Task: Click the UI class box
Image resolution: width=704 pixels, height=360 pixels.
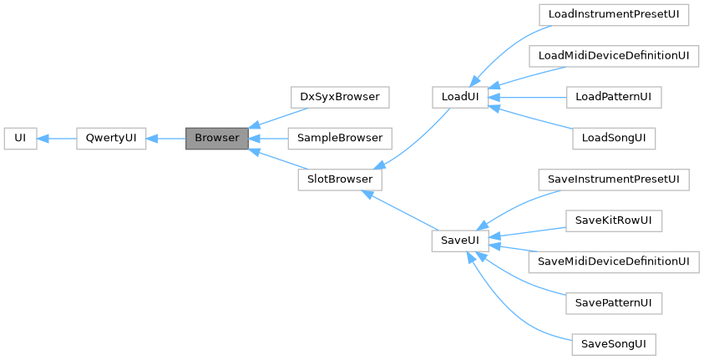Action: (21, 138)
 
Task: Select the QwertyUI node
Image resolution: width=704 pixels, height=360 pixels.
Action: (111, 138)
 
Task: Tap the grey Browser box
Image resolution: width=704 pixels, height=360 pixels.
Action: (216, 138)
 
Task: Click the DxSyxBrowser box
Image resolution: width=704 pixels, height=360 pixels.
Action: (339, 97)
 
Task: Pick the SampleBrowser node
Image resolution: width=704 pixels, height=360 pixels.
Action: (339, 138)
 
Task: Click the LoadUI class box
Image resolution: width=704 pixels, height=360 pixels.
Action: (460, 97)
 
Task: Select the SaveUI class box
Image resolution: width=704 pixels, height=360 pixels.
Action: (460, 241)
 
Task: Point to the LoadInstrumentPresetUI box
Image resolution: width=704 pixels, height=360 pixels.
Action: (613, 15)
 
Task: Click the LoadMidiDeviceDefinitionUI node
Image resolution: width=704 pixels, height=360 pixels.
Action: (613, 56)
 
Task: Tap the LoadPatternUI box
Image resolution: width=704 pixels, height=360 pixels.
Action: (613, 97)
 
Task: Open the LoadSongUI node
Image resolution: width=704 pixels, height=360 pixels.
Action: (613, 138)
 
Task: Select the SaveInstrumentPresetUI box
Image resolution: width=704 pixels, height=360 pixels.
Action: (613, 180)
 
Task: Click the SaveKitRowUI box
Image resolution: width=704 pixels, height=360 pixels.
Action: (613, 221)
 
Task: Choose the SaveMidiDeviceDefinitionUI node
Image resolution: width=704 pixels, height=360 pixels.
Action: (613, 261)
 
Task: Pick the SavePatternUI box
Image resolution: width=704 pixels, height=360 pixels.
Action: (613, 302)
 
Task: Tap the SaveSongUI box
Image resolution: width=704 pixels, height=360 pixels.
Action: (613, 343)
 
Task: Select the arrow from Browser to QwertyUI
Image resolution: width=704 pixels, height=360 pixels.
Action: (165, 138)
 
